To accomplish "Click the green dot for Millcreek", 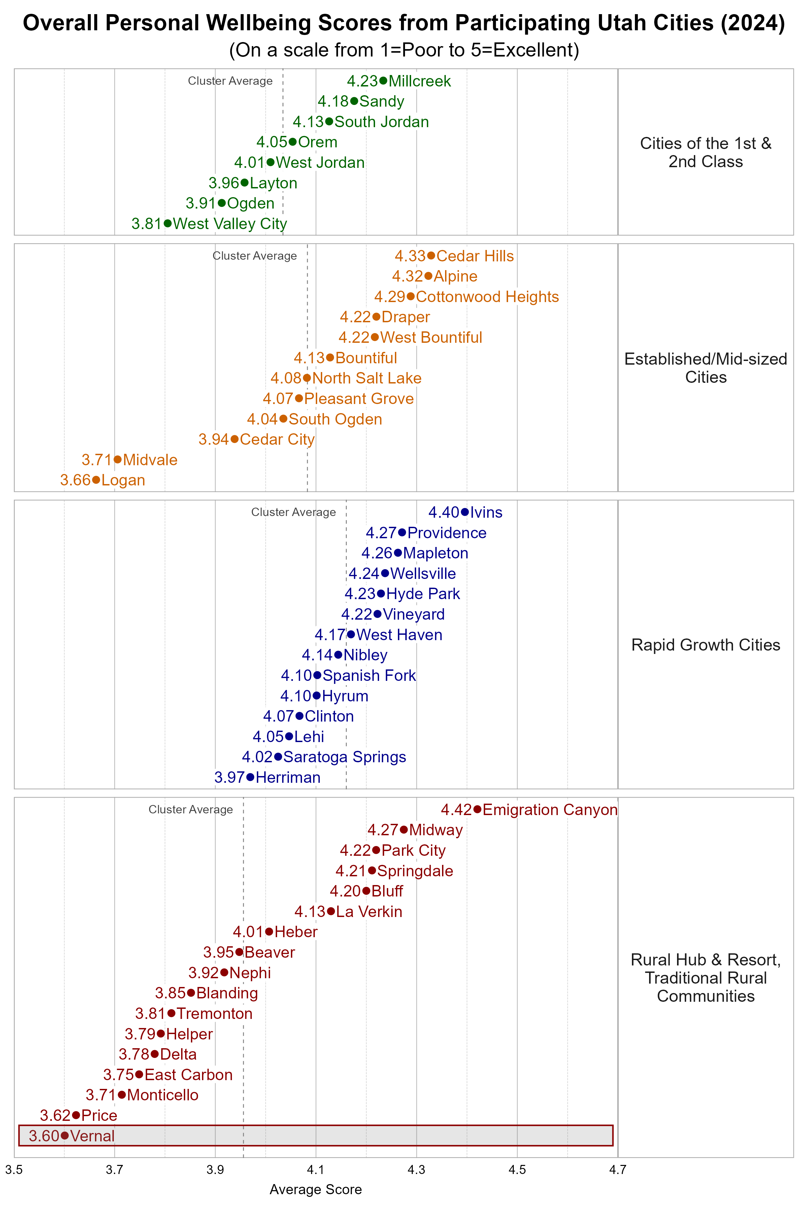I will click(383, 80).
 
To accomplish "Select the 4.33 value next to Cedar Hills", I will click(410, 256).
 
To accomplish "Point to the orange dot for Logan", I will click(96, 480).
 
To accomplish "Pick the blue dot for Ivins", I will click(465, 512).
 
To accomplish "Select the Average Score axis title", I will click(315, 1189).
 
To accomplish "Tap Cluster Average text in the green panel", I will click(230, 81).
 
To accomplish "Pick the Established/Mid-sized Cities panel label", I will click(705, 368).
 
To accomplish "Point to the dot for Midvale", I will click(117, 459).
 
